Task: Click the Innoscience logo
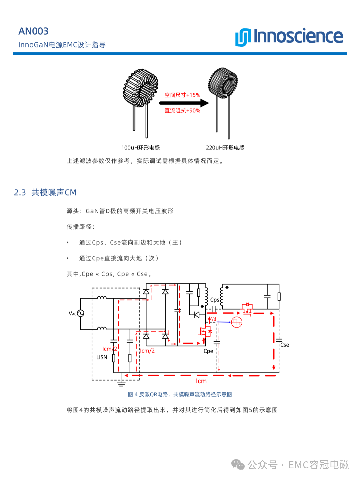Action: (289, 37)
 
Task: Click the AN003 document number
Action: (33, 31)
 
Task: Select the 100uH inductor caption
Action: (140, 148)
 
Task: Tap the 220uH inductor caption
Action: (225, 148)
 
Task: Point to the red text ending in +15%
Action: (182, 95)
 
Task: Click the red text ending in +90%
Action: (182, 111)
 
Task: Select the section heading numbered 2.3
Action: (45, 192)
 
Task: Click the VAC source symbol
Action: (81, 313)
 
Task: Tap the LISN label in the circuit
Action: (102, 357)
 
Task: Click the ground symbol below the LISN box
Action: (121, 383)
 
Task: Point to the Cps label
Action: (215, 300)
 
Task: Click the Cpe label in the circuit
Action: (208, 351)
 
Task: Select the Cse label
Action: (285, 345)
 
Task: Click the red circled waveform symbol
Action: (237, 322)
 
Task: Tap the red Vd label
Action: (214, 319)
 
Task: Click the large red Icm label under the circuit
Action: (201, 381)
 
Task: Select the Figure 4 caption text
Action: (180, 394)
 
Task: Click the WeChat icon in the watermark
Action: (238, 465)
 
